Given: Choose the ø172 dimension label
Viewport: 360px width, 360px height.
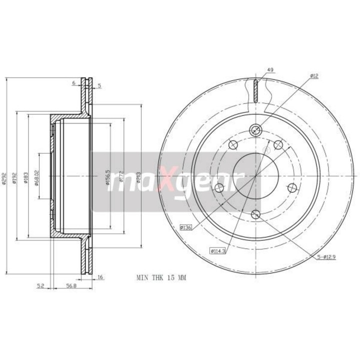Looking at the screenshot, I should point(121,177).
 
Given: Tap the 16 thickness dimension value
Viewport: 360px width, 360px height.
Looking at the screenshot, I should point(100,276).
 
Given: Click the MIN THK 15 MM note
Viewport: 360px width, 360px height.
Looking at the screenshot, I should point(160,276).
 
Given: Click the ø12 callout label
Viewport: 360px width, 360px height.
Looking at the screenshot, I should point(313,75).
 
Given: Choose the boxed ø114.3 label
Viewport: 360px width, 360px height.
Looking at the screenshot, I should point(218,251).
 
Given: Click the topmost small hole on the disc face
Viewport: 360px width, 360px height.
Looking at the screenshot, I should point(256,130).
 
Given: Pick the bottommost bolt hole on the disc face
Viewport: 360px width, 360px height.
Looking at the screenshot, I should point(256,214).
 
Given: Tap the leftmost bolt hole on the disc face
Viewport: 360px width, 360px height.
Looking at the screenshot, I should point(218,188).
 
